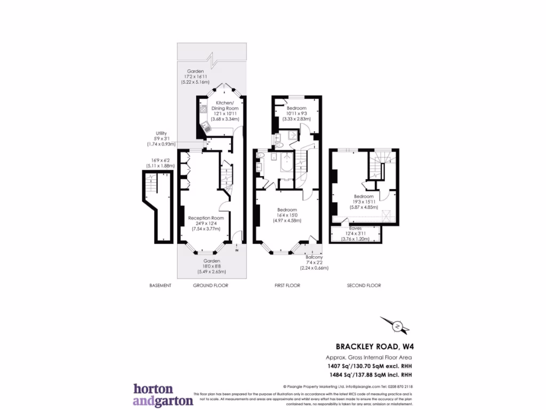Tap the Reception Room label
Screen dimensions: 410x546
[206, 218]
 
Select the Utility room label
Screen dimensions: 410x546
[162, 133]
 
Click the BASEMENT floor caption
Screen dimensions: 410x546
[160, 286]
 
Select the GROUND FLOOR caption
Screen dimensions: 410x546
[210, 286]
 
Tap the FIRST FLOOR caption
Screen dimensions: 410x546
[287, 286]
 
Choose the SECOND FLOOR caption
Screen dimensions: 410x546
[364, 286]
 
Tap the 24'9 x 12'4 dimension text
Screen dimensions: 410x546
[206, 224]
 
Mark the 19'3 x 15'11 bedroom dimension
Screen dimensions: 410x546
[363, 202]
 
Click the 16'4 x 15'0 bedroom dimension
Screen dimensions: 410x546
[287, 215]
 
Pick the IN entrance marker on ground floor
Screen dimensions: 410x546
[237, 249]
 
